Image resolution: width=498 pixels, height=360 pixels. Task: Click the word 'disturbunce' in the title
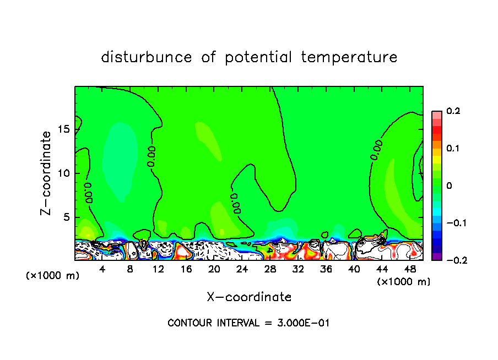click(147, 57)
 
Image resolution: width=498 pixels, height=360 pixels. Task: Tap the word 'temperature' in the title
click(349, 57)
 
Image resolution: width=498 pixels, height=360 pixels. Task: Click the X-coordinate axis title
click(249, 297)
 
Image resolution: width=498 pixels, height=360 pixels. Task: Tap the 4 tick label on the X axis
click(102, 269)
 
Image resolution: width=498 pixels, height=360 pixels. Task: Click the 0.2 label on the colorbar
click(453, 111)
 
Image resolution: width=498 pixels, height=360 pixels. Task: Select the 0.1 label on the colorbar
click(453, 149)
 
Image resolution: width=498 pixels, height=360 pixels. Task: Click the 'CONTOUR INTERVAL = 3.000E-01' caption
click(248, 323)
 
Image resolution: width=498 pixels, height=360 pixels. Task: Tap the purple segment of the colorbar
click(437, 257)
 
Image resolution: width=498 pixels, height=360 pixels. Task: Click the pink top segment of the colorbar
click(437, 114)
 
